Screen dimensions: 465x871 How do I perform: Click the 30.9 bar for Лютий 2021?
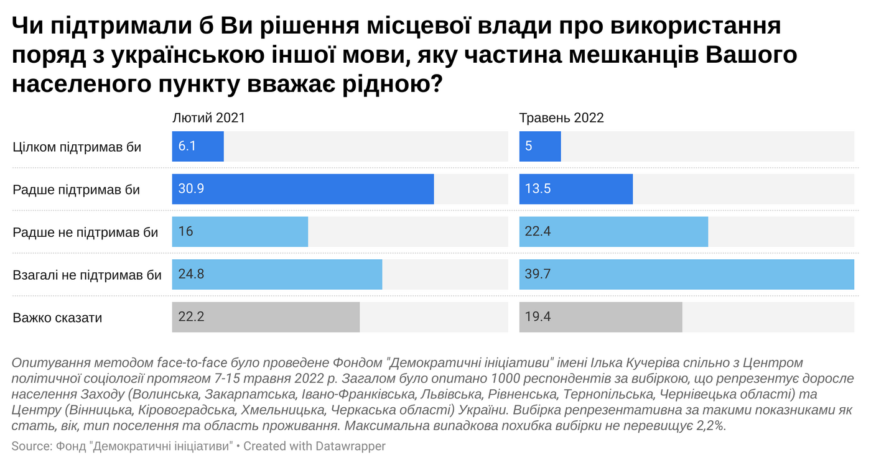302,189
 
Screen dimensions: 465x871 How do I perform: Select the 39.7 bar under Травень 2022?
686,274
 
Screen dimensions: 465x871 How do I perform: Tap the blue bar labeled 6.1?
198,147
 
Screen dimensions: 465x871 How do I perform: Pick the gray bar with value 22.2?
266,317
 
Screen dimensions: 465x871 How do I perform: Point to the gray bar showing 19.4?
600,317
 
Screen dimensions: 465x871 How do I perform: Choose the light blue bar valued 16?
240,232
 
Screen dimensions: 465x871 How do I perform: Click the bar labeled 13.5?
575,189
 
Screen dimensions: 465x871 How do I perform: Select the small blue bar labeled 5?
540,147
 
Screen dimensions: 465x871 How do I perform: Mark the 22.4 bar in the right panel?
613,232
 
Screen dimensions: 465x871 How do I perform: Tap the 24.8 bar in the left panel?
277,274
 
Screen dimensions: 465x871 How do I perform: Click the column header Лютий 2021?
208,118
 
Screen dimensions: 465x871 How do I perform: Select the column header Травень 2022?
562,118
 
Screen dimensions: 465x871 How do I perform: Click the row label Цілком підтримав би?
77,147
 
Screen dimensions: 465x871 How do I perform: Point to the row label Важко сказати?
57,318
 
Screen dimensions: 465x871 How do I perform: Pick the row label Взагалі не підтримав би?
87,275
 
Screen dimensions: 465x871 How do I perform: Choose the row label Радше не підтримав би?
85,233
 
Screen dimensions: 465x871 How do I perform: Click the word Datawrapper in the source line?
350,446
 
